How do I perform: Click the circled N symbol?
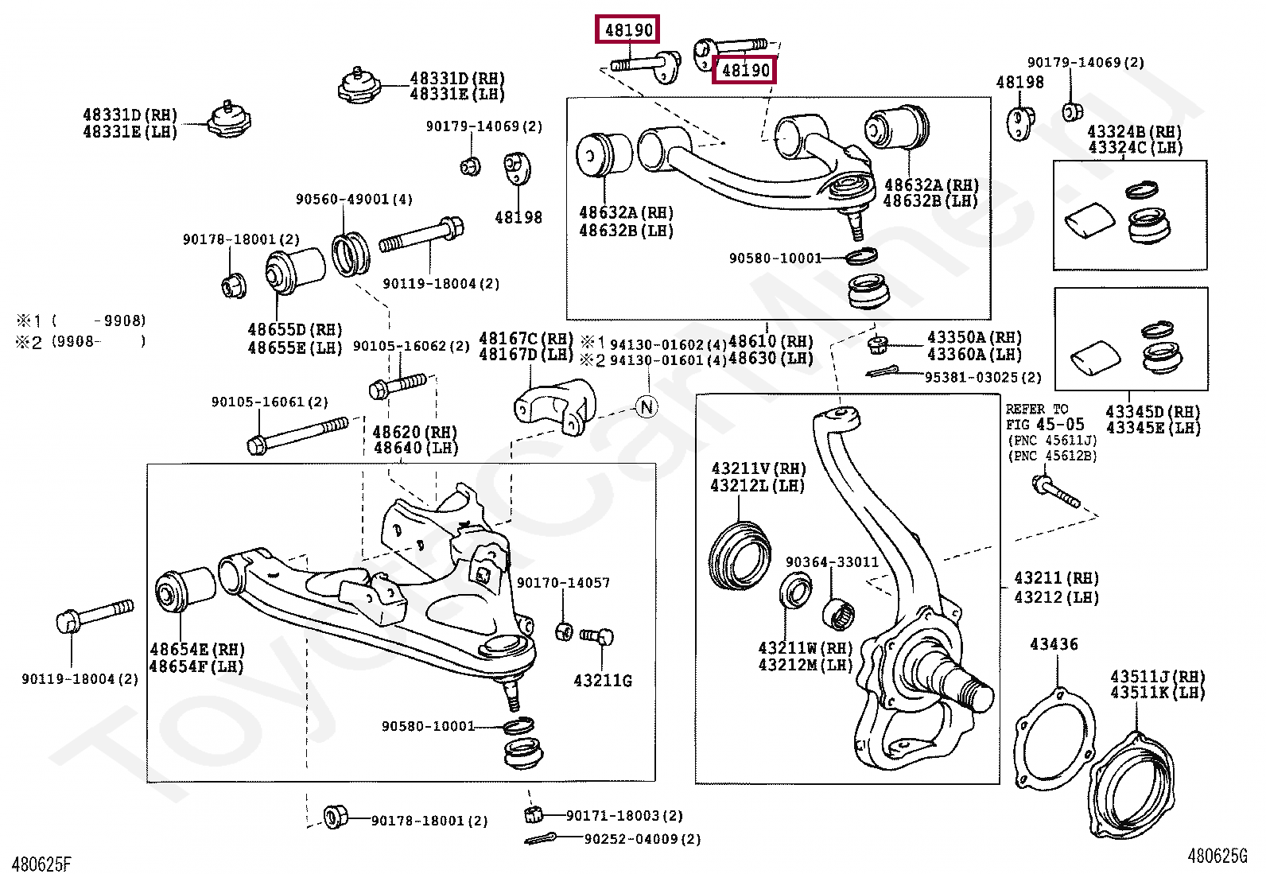647,406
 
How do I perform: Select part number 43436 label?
1054,644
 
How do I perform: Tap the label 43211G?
603,681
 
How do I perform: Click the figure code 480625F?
42,863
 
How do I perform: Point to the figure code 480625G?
1217,856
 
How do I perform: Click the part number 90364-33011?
832,562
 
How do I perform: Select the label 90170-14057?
564,582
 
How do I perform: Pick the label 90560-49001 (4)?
355,199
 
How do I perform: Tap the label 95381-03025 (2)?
983,377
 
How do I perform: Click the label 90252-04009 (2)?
643,839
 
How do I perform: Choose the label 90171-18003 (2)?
624,816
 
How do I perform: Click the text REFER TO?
1037,409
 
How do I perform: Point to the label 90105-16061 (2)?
270,402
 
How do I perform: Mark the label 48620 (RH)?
415,432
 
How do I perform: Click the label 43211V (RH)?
759,468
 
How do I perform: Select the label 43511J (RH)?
1158,676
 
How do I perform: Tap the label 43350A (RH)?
974,337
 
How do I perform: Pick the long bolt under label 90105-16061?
298,435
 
